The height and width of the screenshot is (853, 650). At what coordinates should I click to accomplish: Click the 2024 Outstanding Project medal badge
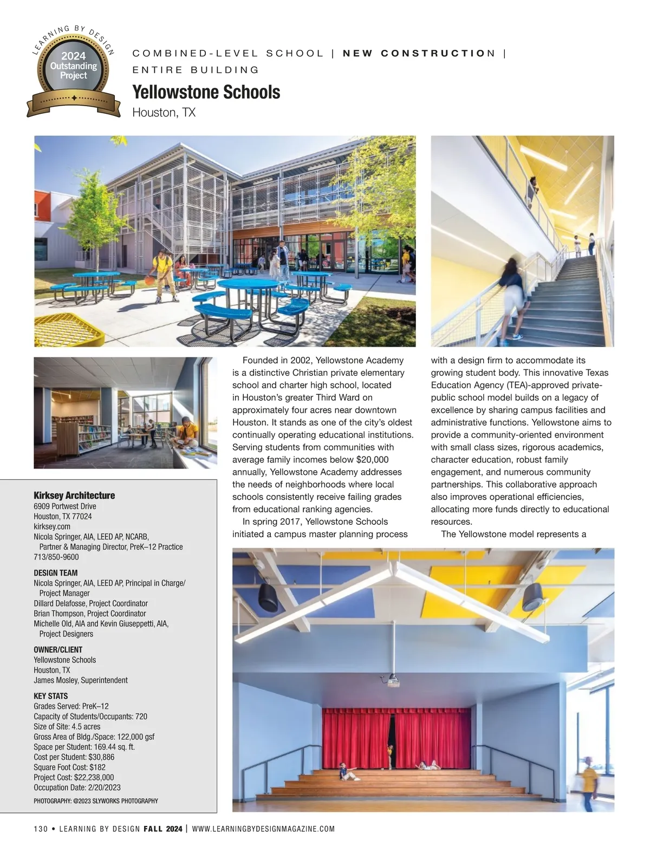[73, 70]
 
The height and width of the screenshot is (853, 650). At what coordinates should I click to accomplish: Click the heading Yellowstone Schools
[206, 92]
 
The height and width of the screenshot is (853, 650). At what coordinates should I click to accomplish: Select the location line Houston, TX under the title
[164, 113]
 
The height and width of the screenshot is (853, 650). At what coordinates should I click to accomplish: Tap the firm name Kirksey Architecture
[74, 495]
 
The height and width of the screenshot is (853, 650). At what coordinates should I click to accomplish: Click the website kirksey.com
[52, 526]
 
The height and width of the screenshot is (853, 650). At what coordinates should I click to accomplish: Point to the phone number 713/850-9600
[56, 557]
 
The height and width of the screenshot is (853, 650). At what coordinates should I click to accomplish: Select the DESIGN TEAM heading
[55, 572]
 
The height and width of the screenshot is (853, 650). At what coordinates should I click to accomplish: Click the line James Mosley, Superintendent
[81, 680]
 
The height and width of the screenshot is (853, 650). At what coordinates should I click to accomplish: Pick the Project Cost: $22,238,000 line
[74, 777]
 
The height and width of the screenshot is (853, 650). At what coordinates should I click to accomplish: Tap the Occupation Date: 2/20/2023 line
[77, 787]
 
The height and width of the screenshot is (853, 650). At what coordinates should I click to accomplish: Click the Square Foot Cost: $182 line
[69, 767]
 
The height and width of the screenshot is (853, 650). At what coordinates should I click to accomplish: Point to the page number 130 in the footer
[41, 829]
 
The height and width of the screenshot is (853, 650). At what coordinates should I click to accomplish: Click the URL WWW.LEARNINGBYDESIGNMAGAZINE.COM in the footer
[263, 829]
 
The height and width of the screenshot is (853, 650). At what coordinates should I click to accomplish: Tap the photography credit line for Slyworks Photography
[96, 800]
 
